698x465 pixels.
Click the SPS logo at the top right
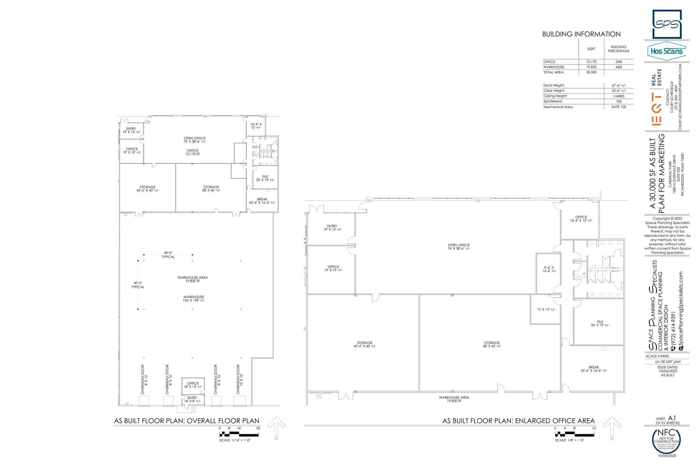pyautogui.click(x=667, y=24)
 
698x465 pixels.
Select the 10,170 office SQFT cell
pyautogui.click(x=591, y=62)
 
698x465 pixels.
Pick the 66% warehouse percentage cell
pyautogui.click(x=619, y=67)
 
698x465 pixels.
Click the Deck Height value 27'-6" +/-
pyautogui.click(x=619, y=86)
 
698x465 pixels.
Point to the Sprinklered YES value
pyautogui.click(x=619, y=102)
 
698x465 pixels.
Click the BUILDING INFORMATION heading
pyautogui.click(x=581, y=34)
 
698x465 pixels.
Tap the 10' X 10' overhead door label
pyautogui.click(x=240, y=379)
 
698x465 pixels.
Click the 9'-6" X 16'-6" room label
pyautogui.click(x=549, y=269)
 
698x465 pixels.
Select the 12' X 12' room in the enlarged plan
pyautogui.click(x=546, y=309)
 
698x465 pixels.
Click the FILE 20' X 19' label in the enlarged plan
pyautogui.click(x=600, y=324)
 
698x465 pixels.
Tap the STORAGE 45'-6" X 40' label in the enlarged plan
pyautogui.click(x=364, y=344)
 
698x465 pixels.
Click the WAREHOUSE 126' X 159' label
pyautogui.click(x=194, y=299)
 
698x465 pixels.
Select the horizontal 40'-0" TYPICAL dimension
pyautogui.click(x=168, y=255)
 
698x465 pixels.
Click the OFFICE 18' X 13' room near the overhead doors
pyautogui.click(x=193, y=385)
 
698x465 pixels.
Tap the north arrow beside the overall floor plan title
pyautogui.click(x=276, y=427)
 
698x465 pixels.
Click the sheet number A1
pyautogui.click(x=672, y=418)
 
